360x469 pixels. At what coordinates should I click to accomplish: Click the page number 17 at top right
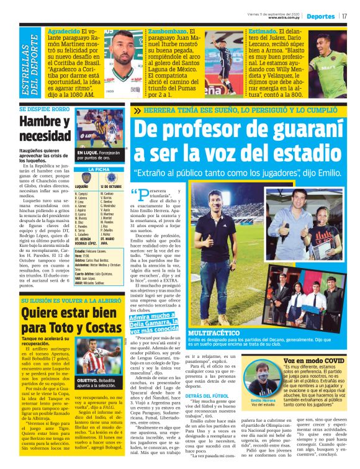(x=344, y=16)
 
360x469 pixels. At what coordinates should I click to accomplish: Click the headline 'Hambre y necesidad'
(x=45, y=128)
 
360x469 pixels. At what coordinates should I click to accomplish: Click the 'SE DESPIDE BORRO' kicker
(x=44, y=109)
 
